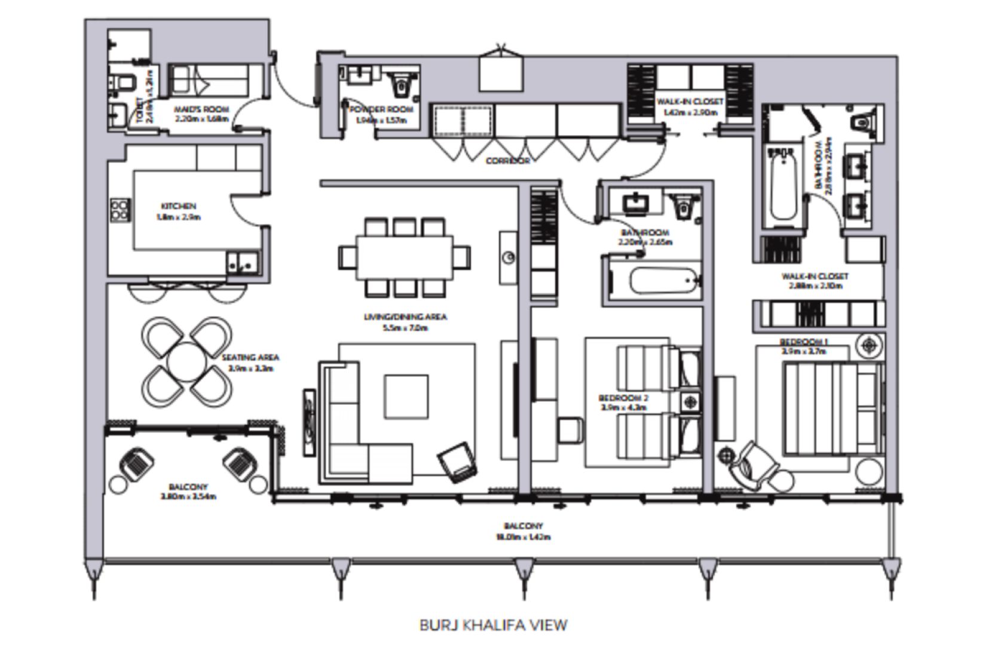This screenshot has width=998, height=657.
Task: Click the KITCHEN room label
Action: [178, 206]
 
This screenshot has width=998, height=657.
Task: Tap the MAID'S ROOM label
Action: [202, 110]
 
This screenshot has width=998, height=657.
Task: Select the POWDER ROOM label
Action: [381, 110]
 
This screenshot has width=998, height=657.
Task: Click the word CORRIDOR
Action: [507, 161]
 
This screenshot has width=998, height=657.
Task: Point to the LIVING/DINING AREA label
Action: [405, 317]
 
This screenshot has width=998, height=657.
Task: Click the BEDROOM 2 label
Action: [623, 398]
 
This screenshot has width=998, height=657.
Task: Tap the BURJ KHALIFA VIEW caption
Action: [493, 625]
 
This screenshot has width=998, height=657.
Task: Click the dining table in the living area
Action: [405, 257]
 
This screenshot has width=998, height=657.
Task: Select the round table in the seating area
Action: [187, 362]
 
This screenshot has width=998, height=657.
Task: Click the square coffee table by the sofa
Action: [406, 397]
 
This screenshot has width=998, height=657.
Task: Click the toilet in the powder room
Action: [402, 84]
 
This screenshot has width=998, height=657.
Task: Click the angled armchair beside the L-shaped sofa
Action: [458, 462]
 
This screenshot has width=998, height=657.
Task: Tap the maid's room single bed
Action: [209, 79]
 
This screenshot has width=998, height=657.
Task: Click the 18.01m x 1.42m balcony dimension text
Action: [523, 537]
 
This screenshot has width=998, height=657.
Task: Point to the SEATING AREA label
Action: [250, 357]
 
